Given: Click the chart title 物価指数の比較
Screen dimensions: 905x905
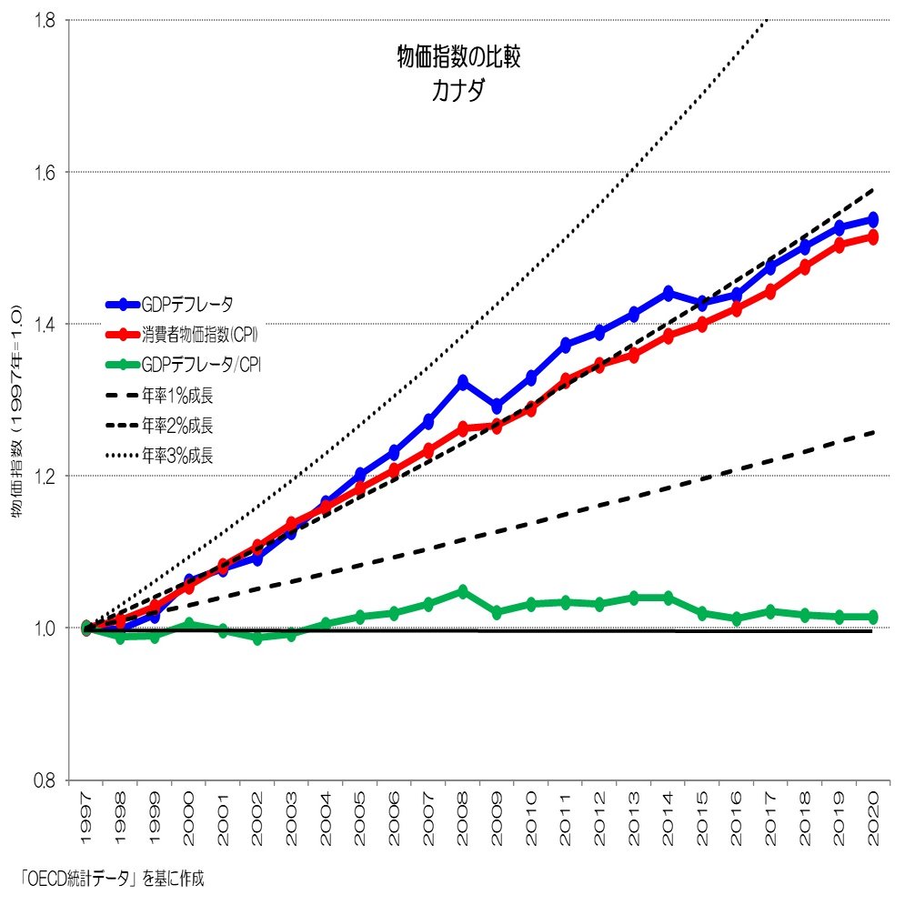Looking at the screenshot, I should pyautogui.click(x=458, y=58).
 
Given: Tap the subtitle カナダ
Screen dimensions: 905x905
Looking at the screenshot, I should pyautogui.click(x=458, y=92).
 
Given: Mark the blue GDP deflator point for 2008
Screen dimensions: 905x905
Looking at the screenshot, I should pyautogui.click(x=463, y=382).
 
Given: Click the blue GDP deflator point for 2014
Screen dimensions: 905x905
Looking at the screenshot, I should pyautogui.click(x=668, y=293).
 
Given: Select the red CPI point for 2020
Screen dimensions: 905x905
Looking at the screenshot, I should pyautogui.click(x=873, y=236).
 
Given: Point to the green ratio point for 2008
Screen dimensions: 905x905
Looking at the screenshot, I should pyautogui.click(x=463, y=591).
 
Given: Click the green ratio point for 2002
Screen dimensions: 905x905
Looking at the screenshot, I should pyautogui.click(x=257, y=639).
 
